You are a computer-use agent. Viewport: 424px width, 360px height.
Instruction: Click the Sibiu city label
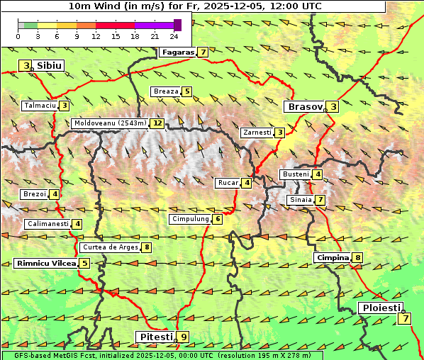coord(50,66)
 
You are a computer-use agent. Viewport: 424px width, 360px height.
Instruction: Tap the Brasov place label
coord(303,107)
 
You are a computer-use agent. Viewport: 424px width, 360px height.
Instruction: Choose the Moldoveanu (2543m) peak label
coord(110,123)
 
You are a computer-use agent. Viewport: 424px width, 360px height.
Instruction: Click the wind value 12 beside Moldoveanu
coord(157,123)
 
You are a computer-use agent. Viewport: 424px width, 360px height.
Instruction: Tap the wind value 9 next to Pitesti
coord(184,337)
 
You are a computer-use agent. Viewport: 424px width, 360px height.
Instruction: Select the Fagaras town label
coord(177,52)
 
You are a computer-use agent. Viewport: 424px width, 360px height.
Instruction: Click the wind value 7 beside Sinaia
coord(320,201)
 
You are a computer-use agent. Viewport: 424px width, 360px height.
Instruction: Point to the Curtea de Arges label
coord(109,247)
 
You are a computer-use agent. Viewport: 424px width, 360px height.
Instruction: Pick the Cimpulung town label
coord(190,220)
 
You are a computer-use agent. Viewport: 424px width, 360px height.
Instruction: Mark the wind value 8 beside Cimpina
coord(358,258)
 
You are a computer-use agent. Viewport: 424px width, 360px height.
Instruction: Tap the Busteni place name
coord(296,174)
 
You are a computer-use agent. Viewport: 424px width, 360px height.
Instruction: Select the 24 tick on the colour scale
coord(174,36)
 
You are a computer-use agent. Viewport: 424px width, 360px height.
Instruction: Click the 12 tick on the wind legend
coord(96,36)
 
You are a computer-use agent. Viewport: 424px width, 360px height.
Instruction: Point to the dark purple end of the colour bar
coord(177,25)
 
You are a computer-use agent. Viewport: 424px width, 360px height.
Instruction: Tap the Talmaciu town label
coord(40,106)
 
